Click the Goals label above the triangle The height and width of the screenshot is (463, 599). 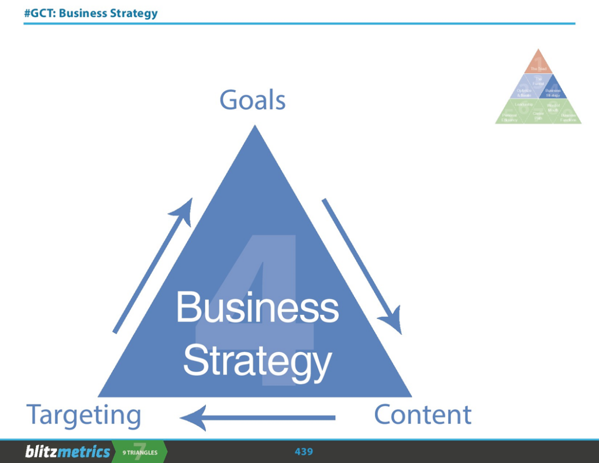pos(252,100)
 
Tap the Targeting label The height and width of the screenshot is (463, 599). pos(84,416)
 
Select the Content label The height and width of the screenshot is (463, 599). pos(422,414)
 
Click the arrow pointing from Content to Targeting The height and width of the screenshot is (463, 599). pos(257,417)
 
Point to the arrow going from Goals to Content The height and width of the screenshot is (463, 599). pos(361,266)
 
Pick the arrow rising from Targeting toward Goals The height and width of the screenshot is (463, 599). pos(153,265)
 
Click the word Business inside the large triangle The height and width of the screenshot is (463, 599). pos(257,308)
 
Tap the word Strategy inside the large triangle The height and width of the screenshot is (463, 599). pos(257,361)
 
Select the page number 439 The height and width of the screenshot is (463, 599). pos(304,451)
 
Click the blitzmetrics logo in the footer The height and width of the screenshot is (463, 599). pos(67,452)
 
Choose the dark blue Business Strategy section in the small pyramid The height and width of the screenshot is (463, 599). pos(552,91)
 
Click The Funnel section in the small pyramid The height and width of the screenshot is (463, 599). pos(538,82)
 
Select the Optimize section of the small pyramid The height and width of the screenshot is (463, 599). pos(524,92)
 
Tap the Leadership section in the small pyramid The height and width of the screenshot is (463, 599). pos(524,105)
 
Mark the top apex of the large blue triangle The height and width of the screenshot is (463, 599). pos(254,126)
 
